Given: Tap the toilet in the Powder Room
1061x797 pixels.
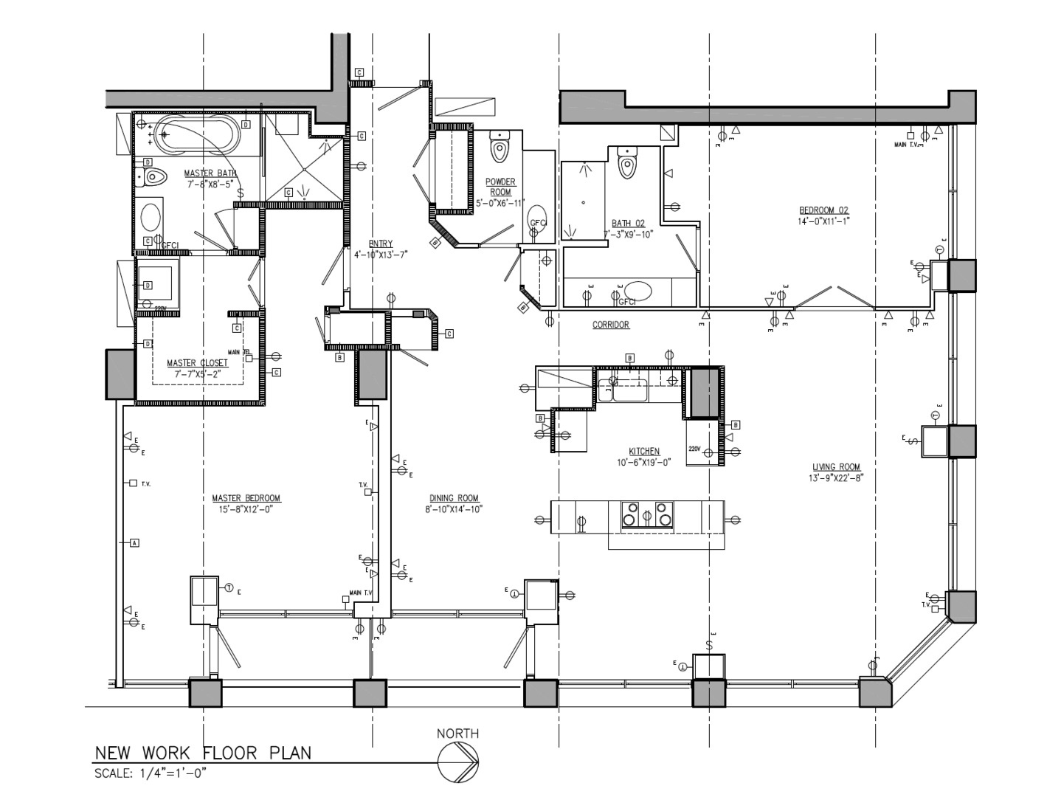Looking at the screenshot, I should (x=500, y=149).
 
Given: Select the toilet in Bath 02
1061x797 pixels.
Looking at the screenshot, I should (x=626, y=165).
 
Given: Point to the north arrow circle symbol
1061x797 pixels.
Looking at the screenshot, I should (x=458, y=762).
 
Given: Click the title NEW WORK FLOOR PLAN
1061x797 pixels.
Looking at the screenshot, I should (x=203, y=753).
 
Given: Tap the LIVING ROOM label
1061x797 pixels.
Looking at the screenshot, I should (x=836, y=467).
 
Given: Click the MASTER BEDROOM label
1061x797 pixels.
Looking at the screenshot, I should (x=246, y=498).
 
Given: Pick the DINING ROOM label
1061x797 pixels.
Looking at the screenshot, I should (x=454, y=498).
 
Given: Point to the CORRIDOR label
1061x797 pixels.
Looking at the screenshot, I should (x=610, y=325).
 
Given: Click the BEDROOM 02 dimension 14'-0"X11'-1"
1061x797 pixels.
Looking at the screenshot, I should (x=823, y=221).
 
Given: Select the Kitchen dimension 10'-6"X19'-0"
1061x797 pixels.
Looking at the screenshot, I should (x=643, y=463).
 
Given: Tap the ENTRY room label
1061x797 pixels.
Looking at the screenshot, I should (x=381, y=244).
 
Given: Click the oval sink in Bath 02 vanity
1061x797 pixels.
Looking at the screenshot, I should (x=637, y=290).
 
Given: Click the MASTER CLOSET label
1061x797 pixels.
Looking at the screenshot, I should (x=197, y=363).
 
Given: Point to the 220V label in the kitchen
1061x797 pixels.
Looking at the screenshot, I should (x=694, y=448).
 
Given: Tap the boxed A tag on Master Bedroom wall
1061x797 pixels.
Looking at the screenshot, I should (x=134, y=543).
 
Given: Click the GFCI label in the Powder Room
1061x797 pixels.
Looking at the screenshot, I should (x=538, y=223).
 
